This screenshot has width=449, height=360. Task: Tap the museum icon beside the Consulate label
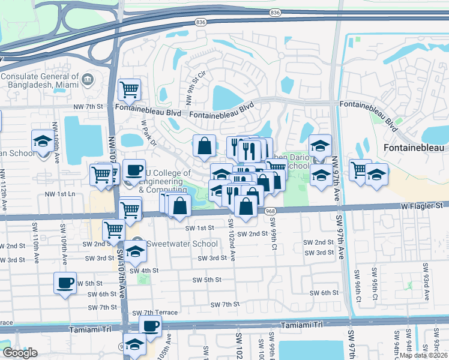pyautogui.click(x=88, y=79)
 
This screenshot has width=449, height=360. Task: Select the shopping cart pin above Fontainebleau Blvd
pyautogui.click(x=130, y=90)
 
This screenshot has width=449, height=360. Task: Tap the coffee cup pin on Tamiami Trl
pyautogui.click(x=150, y=326)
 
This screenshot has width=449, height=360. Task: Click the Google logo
pyautogui.click(x=20, y=353)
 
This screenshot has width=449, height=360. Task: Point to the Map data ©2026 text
pyautogui.click(x=424, y=355)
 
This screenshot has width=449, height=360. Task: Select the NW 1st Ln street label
pyautogui.click(x=61, y=194)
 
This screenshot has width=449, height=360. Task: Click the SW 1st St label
pyautogui.click(x=199, y=228)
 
